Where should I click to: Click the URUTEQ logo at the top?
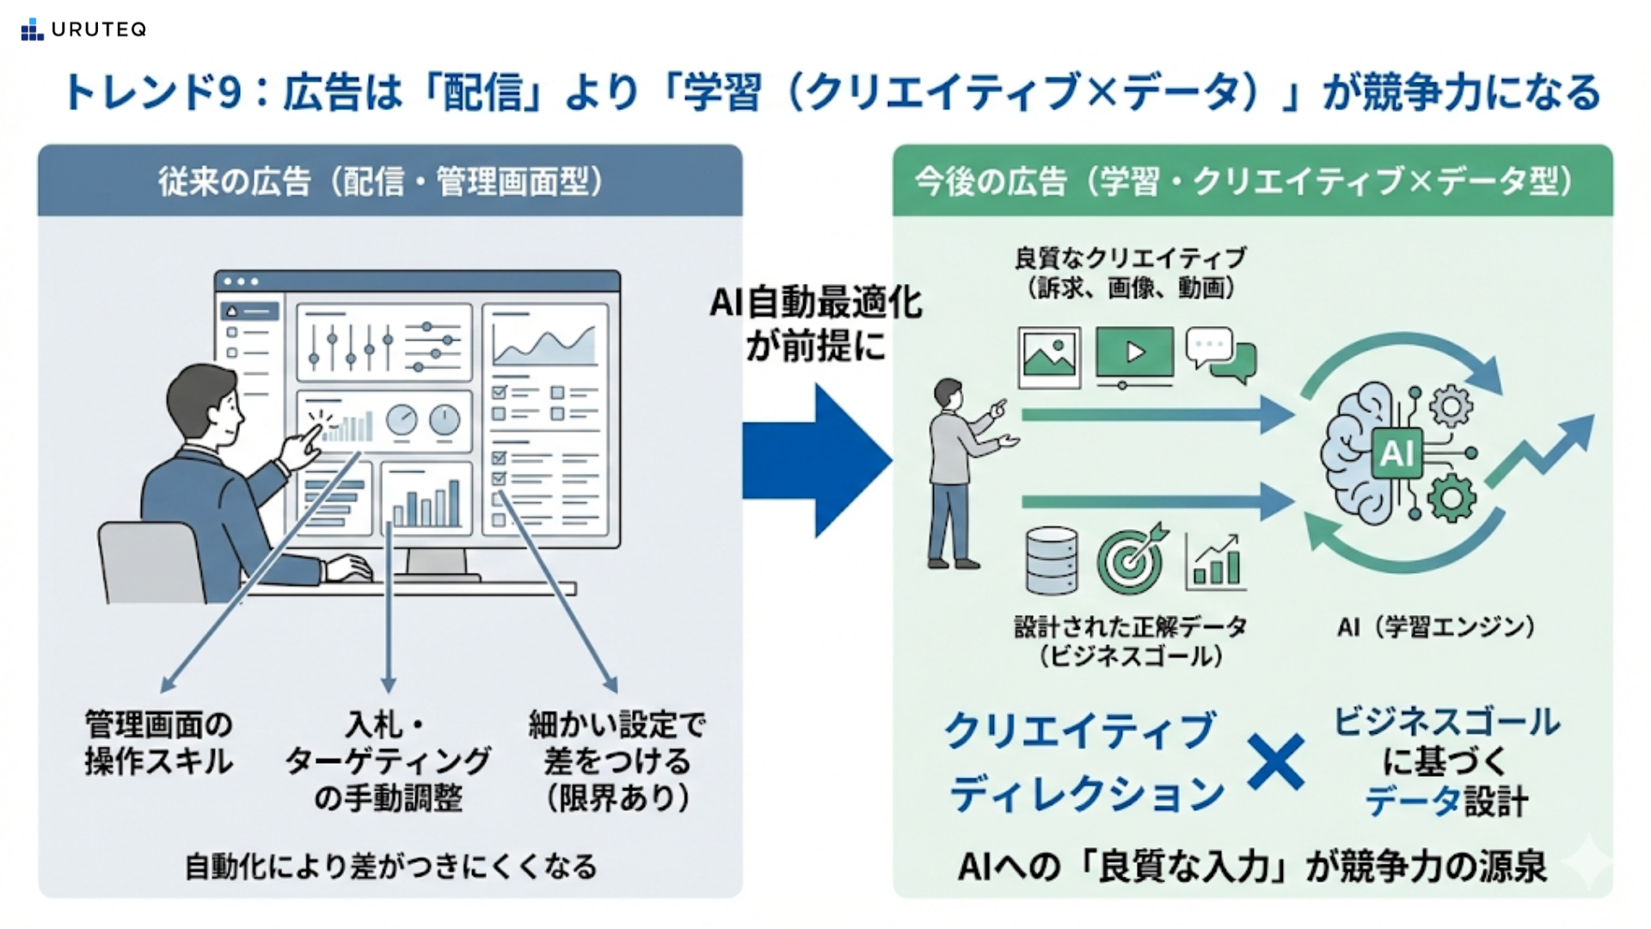83,29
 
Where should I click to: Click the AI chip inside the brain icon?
1396,452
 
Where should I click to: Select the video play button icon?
1135,353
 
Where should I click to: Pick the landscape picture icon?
1049,356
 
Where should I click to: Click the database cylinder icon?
1052,560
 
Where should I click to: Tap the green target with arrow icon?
1132,559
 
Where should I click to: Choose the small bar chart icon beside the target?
1214,563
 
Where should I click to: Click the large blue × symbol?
1276,762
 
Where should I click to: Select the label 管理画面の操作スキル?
159,743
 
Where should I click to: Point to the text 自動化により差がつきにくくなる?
391,866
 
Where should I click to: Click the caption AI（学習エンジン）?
1436,627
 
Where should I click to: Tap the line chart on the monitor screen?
544,344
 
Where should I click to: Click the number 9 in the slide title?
229,93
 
